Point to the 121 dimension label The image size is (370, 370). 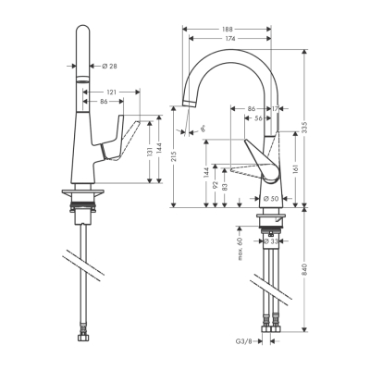112,92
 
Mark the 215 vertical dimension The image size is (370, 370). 175,157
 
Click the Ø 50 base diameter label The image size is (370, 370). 271,199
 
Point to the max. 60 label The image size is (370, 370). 239,249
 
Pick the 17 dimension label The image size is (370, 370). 276,109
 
